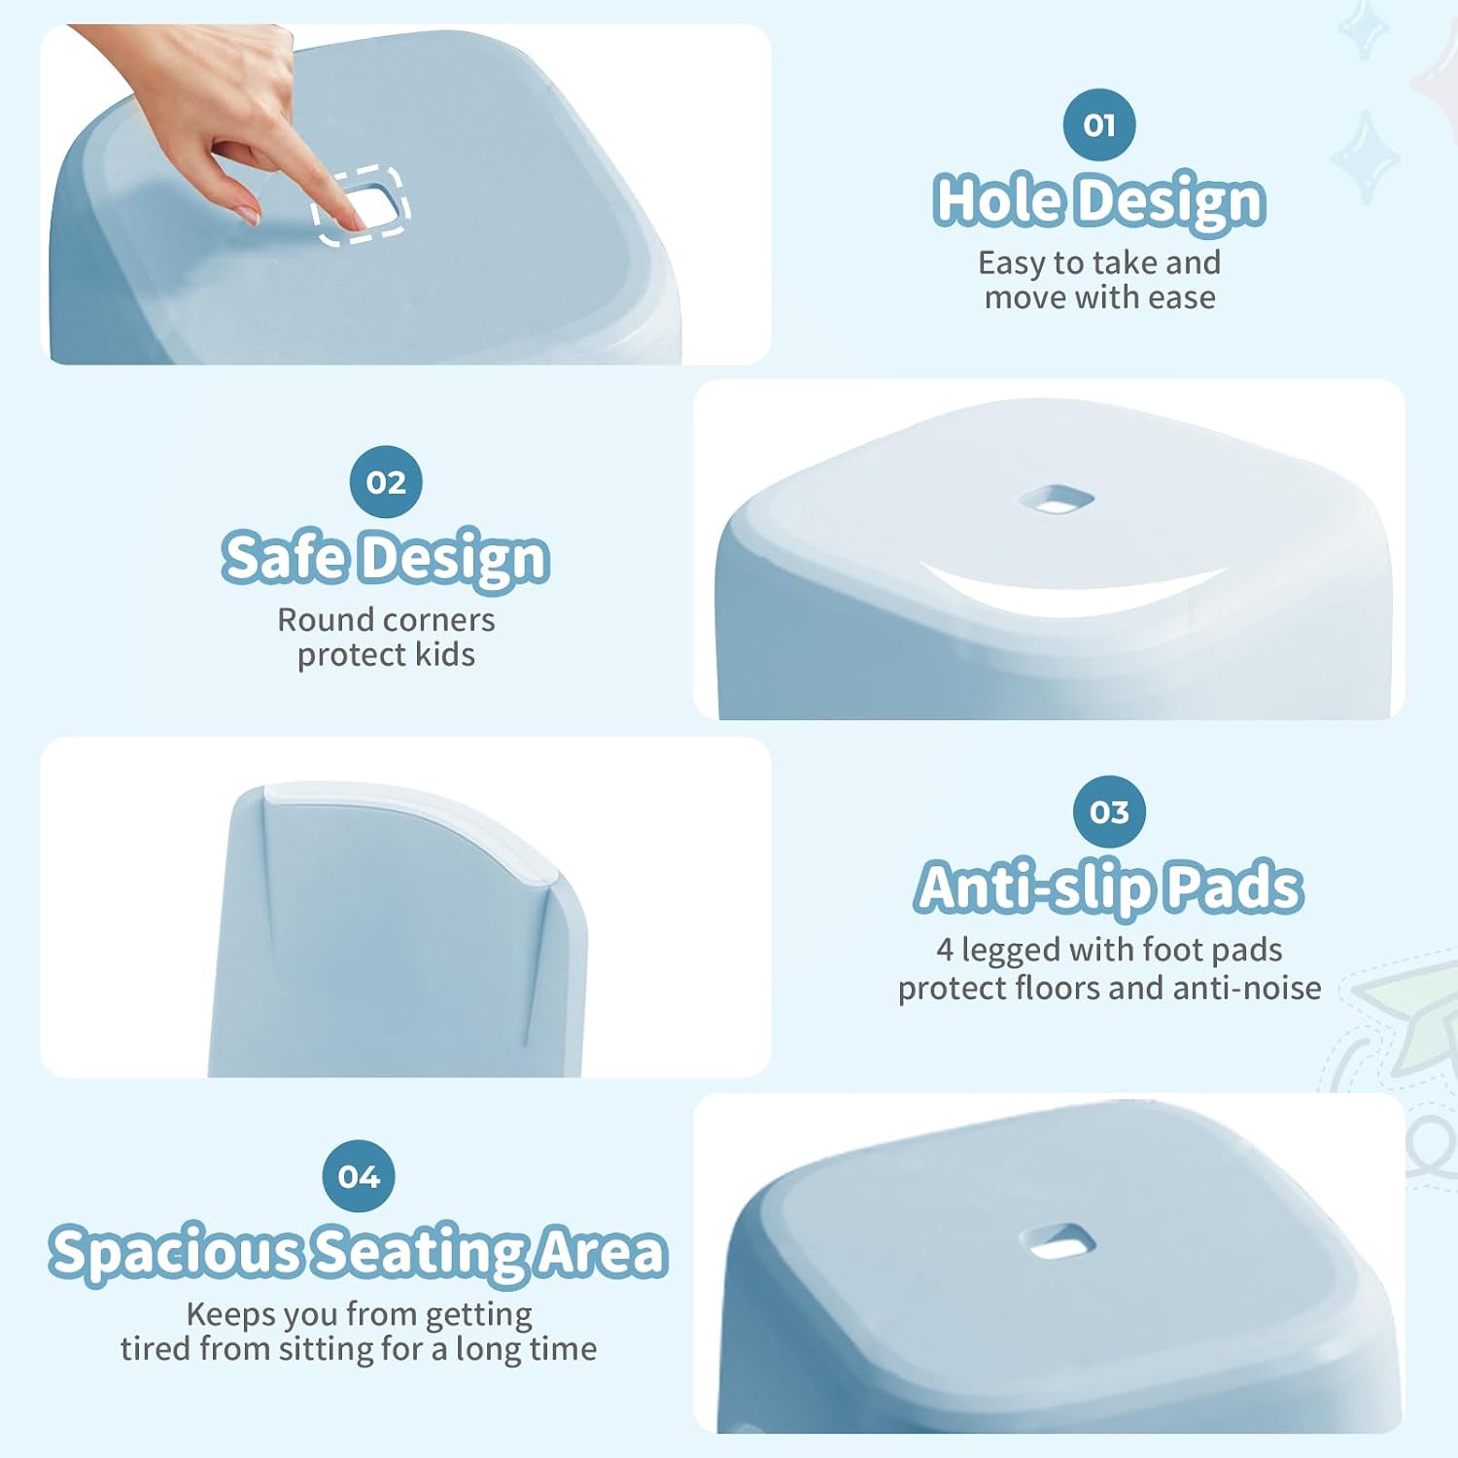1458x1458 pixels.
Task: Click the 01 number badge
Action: click(1099, 124)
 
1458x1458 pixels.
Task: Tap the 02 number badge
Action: click(386, 482)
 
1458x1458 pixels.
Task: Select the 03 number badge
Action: click(1109, 812)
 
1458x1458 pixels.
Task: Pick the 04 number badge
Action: click(359, 1176)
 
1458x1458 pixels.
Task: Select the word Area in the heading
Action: click(603, 1251)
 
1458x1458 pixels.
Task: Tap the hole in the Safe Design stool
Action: click(1057, 500)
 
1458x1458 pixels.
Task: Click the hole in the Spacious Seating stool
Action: click(1058, 1241)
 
